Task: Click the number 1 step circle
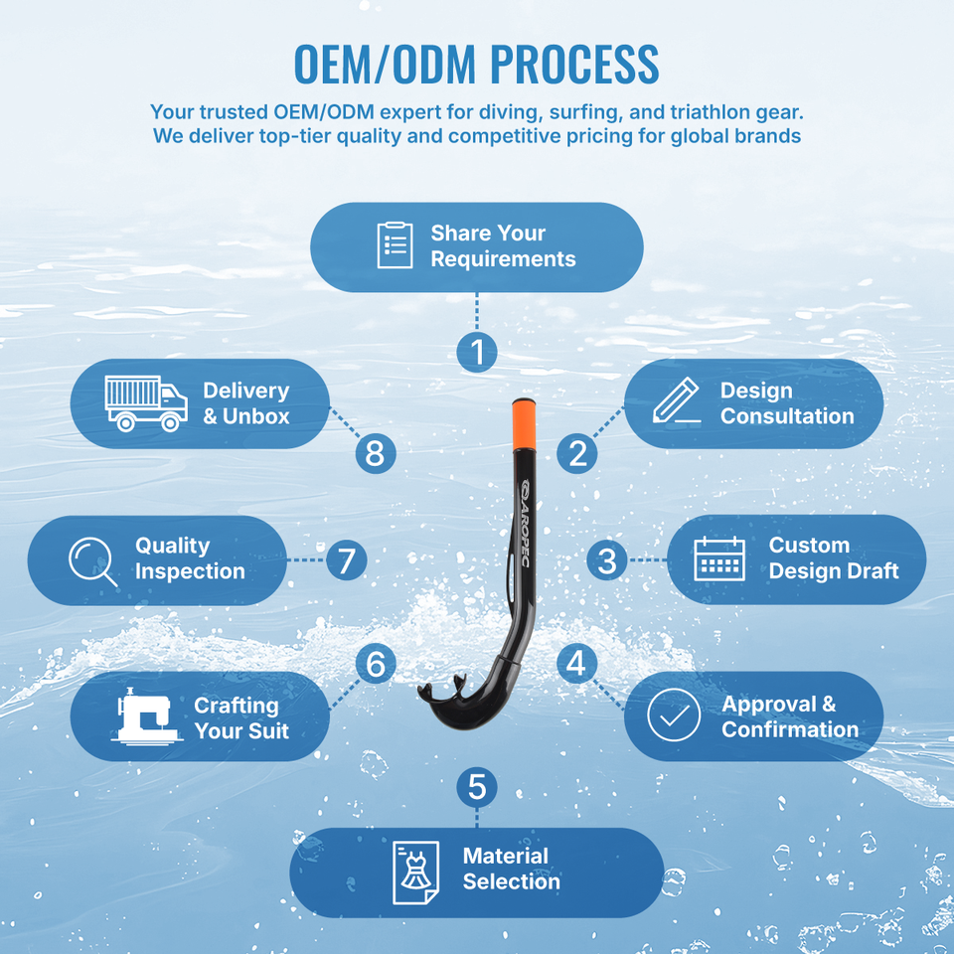click(477, 352)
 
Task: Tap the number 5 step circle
click(477, 787)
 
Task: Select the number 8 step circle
click(376, 453)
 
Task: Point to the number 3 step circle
click(607, 560)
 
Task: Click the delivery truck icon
click(146, 403)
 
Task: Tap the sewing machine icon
click(147, 716)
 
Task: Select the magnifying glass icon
click(92, 560)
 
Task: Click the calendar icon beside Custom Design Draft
click(719, 559)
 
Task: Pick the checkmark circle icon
click(674, 715)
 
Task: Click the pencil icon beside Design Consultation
click(676, 400)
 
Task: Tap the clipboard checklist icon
click(395, 245)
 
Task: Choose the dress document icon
click(415, 873)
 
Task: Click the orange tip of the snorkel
click(524, 424)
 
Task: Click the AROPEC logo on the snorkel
click(525, 524)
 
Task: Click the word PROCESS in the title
click(574, 64)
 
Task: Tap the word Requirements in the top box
click(503, 259)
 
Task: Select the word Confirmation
click(790, 728)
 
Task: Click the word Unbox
click(255, 416)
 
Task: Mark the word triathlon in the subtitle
click(709, 112)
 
